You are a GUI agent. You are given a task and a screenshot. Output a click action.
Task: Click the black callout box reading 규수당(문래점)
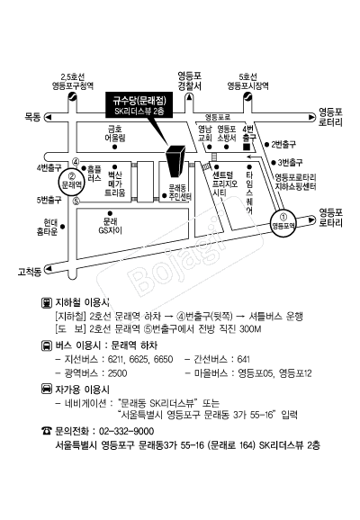[x=139, y=104]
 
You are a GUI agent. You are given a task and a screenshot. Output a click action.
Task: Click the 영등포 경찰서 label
[x=189, y=81]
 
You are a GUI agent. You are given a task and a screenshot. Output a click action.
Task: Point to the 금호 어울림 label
[x=115, y=133]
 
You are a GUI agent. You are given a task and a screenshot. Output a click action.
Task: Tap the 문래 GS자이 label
[x=110, y=225]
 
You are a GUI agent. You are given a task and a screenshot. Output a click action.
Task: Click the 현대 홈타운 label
[x=47, y=227]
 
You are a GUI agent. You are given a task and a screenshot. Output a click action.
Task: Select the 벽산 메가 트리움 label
[x=115, y=184]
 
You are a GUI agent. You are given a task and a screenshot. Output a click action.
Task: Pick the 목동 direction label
[x=32, y=117]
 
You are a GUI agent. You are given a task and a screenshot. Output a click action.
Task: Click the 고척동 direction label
[x=30, y=272]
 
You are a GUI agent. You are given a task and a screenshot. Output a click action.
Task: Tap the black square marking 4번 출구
[x=247, y=147]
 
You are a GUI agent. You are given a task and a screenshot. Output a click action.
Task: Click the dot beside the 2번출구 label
[x=266, y=145]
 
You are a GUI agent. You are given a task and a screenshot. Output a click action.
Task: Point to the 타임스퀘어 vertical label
[x=249, y=193]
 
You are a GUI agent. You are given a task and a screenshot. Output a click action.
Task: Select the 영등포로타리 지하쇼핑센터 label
[x=295, y=182]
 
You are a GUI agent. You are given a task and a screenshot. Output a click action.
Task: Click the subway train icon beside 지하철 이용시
[x=47, y=302]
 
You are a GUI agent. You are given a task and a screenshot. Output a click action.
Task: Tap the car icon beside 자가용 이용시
[x=47, y=389]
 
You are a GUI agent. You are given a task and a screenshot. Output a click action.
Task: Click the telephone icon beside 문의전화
[x=47, y=431]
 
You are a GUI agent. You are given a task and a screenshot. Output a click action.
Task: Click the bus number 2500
[x=118, y=373]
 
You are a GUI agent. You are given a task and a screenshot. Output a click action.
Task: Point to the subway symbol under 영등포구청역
[x=72, y=97]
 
